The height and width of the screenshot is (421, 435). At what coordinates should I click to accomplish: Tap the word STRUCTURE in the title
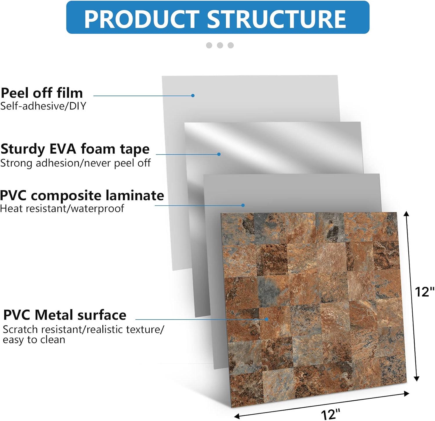pos(277,19)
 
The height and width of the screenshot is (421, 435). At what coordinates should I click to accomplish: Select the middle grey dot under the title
pos(220,45)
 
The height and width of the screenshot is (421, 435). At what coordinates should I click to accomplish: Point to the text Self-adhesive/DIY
pos(43,106)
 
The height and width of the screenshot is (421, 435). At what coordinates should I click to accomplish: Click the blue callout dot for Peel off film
pos(193,96)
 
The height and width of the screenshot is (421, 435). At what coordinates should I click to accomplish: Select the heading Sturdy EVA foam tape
pos(75,149)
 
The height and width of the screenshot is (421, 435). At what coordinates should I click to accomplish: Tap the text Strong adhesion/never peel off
pos(75,163)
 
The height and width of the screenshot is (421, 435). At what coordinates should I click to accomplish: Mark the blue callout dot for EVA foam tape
pos(219,154)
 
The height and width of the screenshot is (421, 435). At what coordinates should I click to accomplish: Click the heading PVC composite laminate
pos(82,196)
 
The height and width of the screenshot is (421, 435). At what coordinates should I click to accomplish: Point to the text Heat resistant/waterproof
pos(62,209)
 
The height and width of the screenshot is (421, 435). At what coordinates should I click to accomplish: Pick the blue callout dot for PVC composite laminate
pos(243,205)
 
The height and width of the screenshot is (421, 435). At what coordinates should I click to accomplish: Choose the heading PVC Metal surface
pos(65,315)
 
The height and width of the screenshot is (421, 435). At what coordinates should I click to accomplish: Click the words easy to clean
pos(34,340)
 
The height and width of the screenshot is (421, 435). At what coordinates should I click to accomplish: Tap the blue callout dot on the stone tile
pos(267,319)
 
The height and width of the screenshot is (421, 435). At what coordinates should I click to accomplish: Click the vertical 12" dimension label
pos(424,292)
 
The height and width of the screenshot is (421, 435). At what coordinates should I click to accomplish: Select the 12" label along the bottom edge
pos(330,414)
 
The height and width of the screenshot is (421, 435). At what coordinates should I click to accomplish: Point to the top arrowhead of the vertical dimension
pos(407,214)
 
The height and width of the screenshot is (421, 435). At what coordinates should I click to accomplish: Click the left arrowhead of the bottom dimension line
pos(237,416)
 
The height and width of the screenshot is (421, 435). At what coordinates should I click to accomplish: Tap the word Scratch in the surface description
pos(21,329)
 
